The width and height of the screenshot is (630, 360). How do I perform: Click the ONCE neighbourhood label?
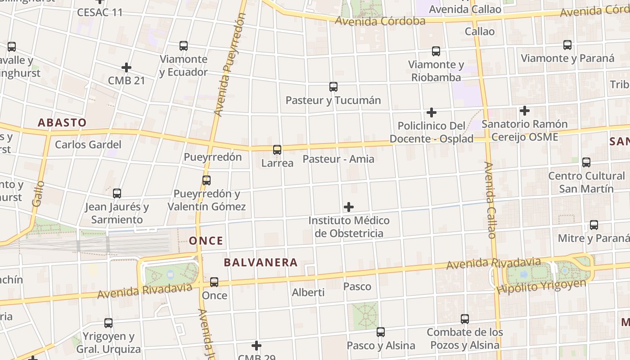pyautogui.click(x=206, y=241)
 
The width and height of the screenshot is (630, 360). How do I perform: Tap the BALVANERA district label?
pyautogui.click(x=261, y=262)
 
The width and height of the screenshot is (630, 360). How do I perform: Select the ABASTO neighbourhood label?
pyautogui.click(x=62, y=122)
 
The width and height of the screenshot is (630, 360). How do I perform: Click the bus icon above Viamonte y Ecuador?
pyautogui.click(x=184, y=46)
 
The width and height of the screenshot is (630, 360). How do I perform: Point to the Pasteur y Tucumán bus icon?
pyautogui.click(x=333, y=87)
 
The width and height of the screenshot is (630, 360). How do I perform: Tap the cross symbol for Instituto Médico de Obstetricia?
pyautogui.click(x=349, y=207)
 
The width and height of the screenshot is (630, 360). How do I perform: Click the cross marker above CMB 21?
pyautogui.click(x=126, y=68)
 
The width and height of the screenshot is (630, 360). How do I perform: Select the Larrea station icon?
pyautogui.click(x=277, y=150)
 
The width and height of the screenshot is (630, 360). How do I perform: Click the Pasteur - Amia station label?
pyautogui.click(x=338, y=159)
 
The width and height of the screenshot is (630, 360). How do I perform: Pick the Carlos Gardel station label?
pyautogui.click(x=88, y=144)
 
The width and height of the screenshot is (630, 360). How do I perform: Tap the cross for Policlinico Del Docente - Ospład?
pyautogui.click(x=432, y=112)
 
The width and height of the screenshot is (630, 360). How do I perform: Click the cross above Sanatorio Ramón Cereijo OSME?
pyautogui.click(x=525, y=110)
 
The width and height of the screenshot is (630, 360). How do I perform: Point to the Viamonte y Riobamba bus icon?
pyautogui.click(x=436, y=51)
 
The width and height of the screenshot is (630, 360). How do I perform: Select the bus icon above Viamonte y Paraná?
pyautogui.click(x=567, y=45)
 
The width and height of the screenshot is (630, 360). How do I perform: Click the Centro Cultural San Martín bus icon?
pyautogui.click(x=586, y=162)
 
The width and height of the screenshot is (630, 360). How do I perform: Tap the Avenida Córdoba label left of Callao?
pyautogui.click(x=380, y=21)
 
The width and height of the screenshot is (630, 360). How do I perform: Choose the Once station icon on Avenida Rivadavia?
pyautogui.click(x=214, y=282)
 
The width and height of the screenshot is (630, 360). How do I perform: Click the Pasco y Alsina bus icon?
pyautogui.click(x=381, y=332)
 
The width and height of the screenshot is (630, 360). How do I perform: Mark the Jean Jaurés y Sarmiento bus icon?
pyautogui.click(x=117, y=193)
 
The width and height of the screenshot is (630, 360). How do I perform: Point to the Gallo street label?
pyautogui.click(x=38, y=193)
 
